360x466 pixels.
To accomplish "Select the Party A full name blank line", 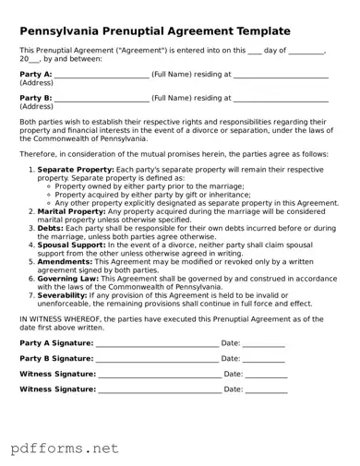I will click(102, 76).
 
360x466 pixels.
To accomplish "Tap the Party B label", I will click(35, 97).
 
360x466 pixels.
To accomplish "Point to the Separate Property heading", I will click(76, 170).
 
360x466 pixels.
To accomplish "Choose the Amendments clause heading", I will click(64, 260).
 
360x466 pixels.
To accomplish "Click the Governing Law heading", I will click(68, 278).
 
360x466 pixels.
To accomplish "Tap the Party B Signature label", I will click(56, 358).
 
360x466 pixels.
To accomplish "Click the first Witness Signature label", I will click(57, 374).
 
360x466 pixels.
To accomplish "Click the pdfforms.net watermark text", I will click(65, 448).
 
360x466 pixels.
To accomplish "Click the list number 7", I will click(31, 294).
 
